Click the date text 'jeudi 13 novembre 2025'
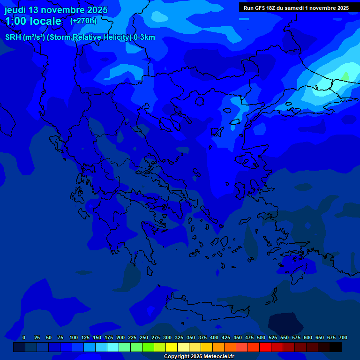pyautogui.click(x=56, y=10)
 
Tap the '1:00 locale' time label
pyautogui.click(x=33, y=21)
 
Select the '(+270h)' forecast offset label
pyautogui.click(x=83, y=21)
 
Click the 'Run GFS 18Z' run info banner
pyautogui.click(x=296, y=8)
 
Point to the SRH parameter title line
pyautogui.click(x=80, y=37)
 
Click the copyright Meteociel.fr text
pyautogui.click(x=199, y=357)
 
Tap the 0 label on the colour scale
pyautogui.click(x=24, y=337)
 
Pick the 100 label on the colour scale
pyautogui.click(x=74, y=337)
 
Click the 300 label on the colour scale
pyautogui.click(x=167, y=337)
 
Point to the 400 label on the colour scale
pyautogui.click(x=214, y=337)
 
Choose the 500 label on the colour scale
pyautogui.click(x=261, y=337)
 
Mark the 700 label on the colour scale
pyautogui.click(x=343, y=337)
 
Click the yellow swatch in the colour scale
pyautogui.click(x=172, y=347)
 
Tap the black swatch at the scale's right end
pyautogui.click(x=336, y=347)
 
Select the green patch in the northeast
pyautogui.click(x=345, y=76)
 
